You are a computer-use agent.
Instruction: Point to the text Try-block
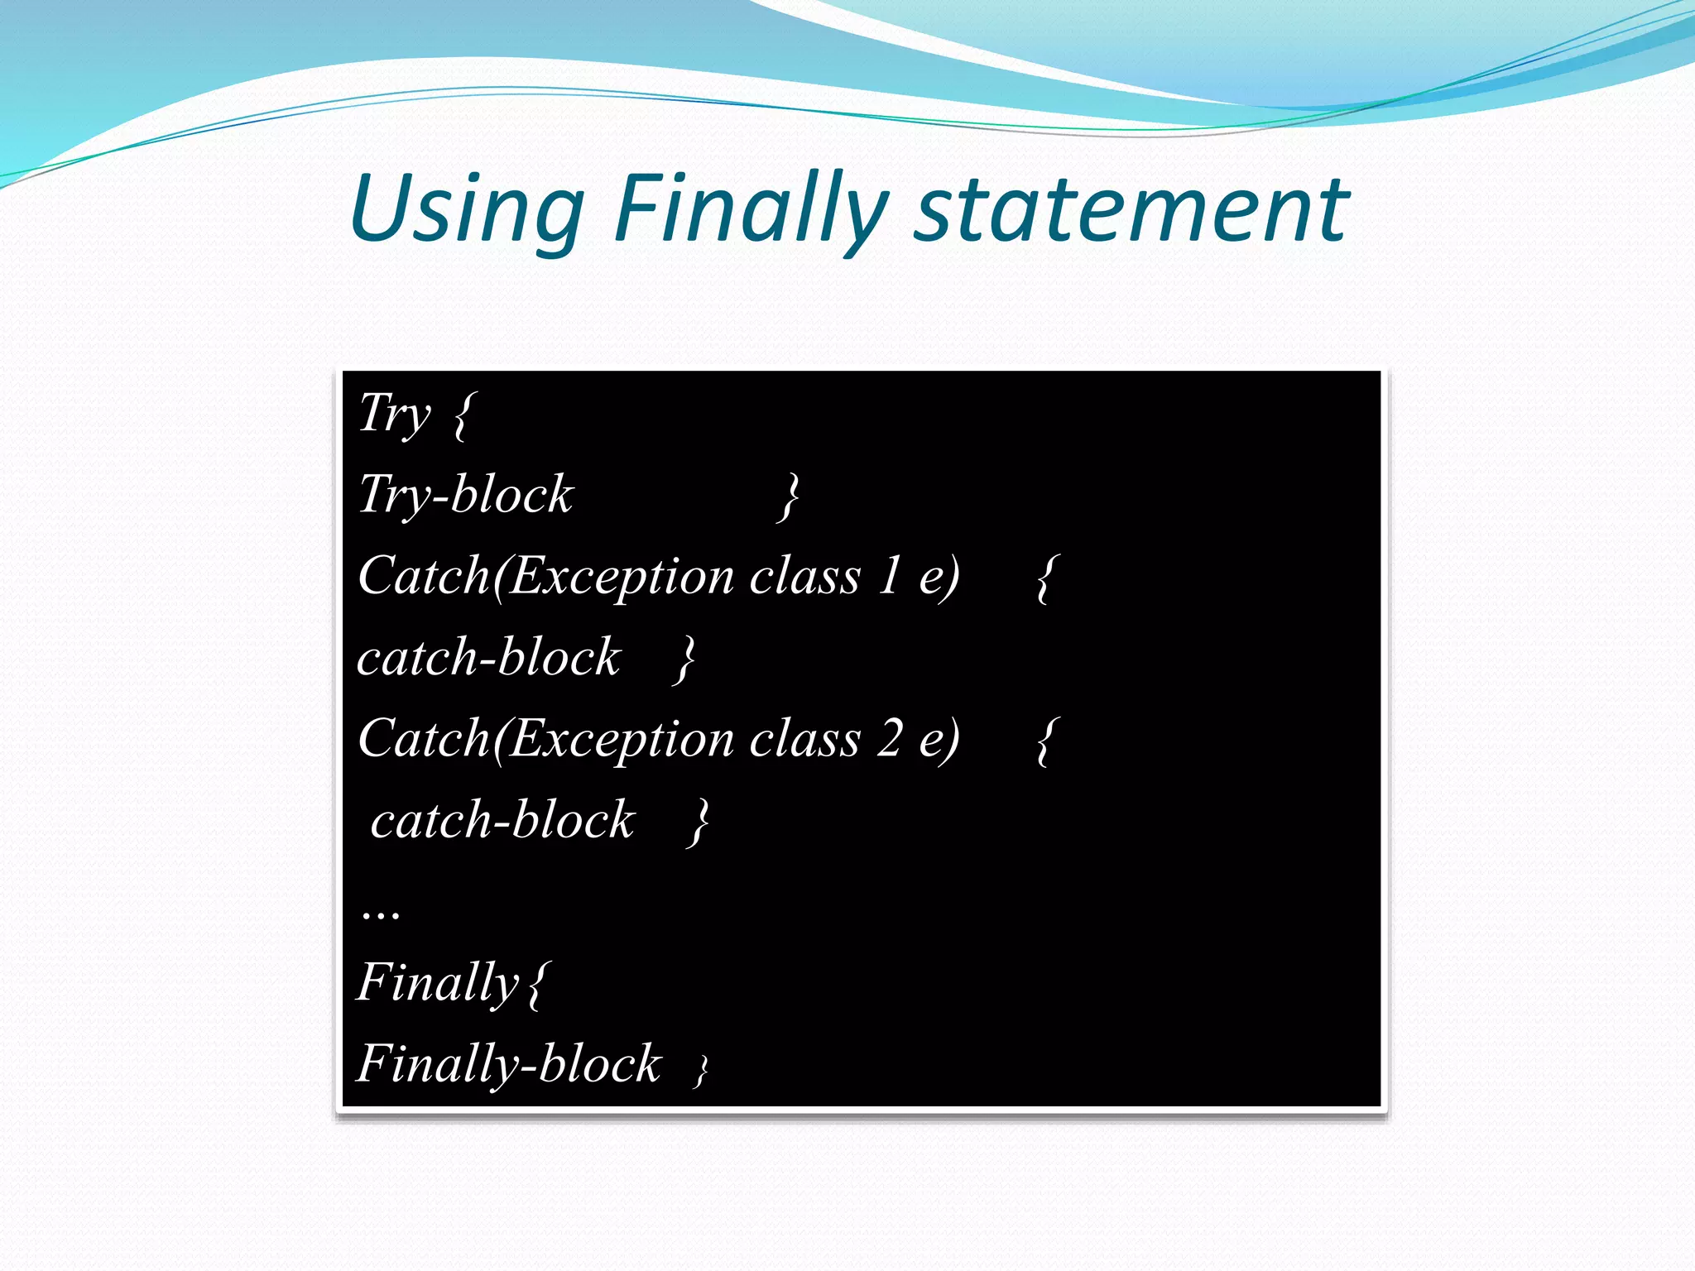(x=466, y=495)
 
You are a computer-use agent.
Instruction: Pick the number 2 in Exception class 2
(x=890, y=738)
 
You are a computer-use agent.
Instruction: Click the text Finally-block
(x=509, y=1064)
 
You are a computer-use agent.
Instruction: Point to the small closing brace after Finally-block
(x=702, y=1070)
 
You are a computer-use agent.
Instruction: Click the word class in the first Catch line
(x=804, y=576)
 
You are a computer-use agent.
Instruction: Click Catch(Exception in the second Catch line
(x=547, y=738)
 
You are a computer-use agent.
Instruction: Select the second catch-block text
(x=502, y=820)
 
